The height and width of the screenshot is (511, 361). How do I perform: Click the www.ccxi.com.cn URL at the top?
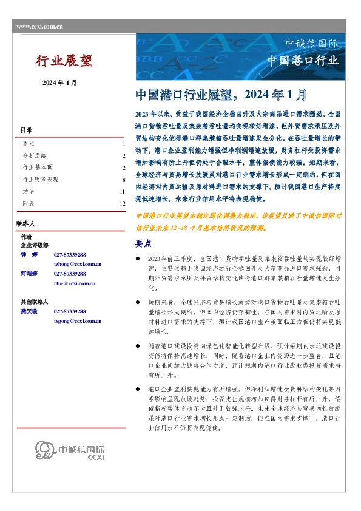point(39,26)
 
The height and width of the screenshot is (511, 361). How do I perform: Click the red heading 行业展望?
point(64,60)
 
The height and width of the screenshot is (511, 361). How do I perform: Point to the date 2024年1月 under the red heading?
point(59,83)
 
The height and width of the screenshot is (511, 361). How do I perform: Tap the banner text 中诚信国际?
point(311,44)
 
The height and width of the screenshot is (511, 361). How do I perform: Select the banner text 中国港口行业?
point(303,60)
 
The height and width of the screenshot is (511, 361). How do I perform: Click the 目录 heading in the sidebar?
point(26,130)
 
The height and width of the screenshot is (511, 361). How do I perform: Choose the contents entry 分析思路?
point(32,156)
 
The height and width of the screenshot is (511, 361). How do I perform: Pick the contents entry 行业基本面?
point(37,168)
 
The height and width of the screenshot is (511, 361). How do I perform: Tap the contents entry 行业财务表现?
point(40,180)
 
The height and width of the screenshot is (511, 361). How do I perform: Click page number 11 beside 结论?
point(122,192)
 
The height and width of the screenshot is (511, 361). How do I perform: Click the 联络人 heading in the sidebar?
point(28,224)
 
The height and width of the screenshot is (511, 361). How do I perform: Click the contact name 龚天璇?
point(29,311)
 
